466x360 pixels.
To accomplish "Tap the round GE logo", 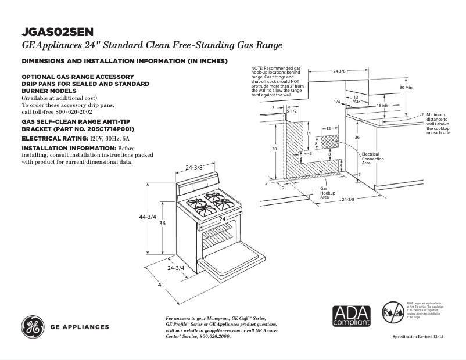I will pyautogui.click(x=33, y=327).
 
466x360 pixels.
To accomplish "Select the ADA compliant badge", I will pyautogui.click(x=351, y=315).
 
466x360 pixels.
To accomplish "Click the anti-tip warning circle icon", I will pyautogui.click(x=392, y=313).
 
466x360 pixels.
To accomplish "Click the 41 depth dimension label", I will pyautogui.click(x=162, y=285).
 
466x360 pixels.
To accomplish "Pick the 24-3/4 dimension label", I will pyautogui.click(x=175, y=268).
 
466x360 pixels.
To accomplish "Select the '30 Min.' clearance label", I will pyautogui.click(x=406, y=87).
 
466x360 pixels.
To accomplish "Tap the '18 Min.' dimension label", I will pyautogui.click(x=383, y=105).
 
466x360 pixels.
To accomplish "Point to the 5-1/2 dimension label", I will pyautogui.click(x=292, y=110).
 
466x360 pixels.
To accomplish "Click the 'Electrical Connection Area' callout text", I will pyautogui.click(x=372, y=159).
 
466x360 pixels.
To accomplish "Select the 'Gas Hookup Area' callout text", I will pyautogui.click(x=325, y=193).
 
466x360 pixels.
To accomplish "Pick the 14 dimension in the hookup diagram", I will pyautogui.click(x=309, y=134).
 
